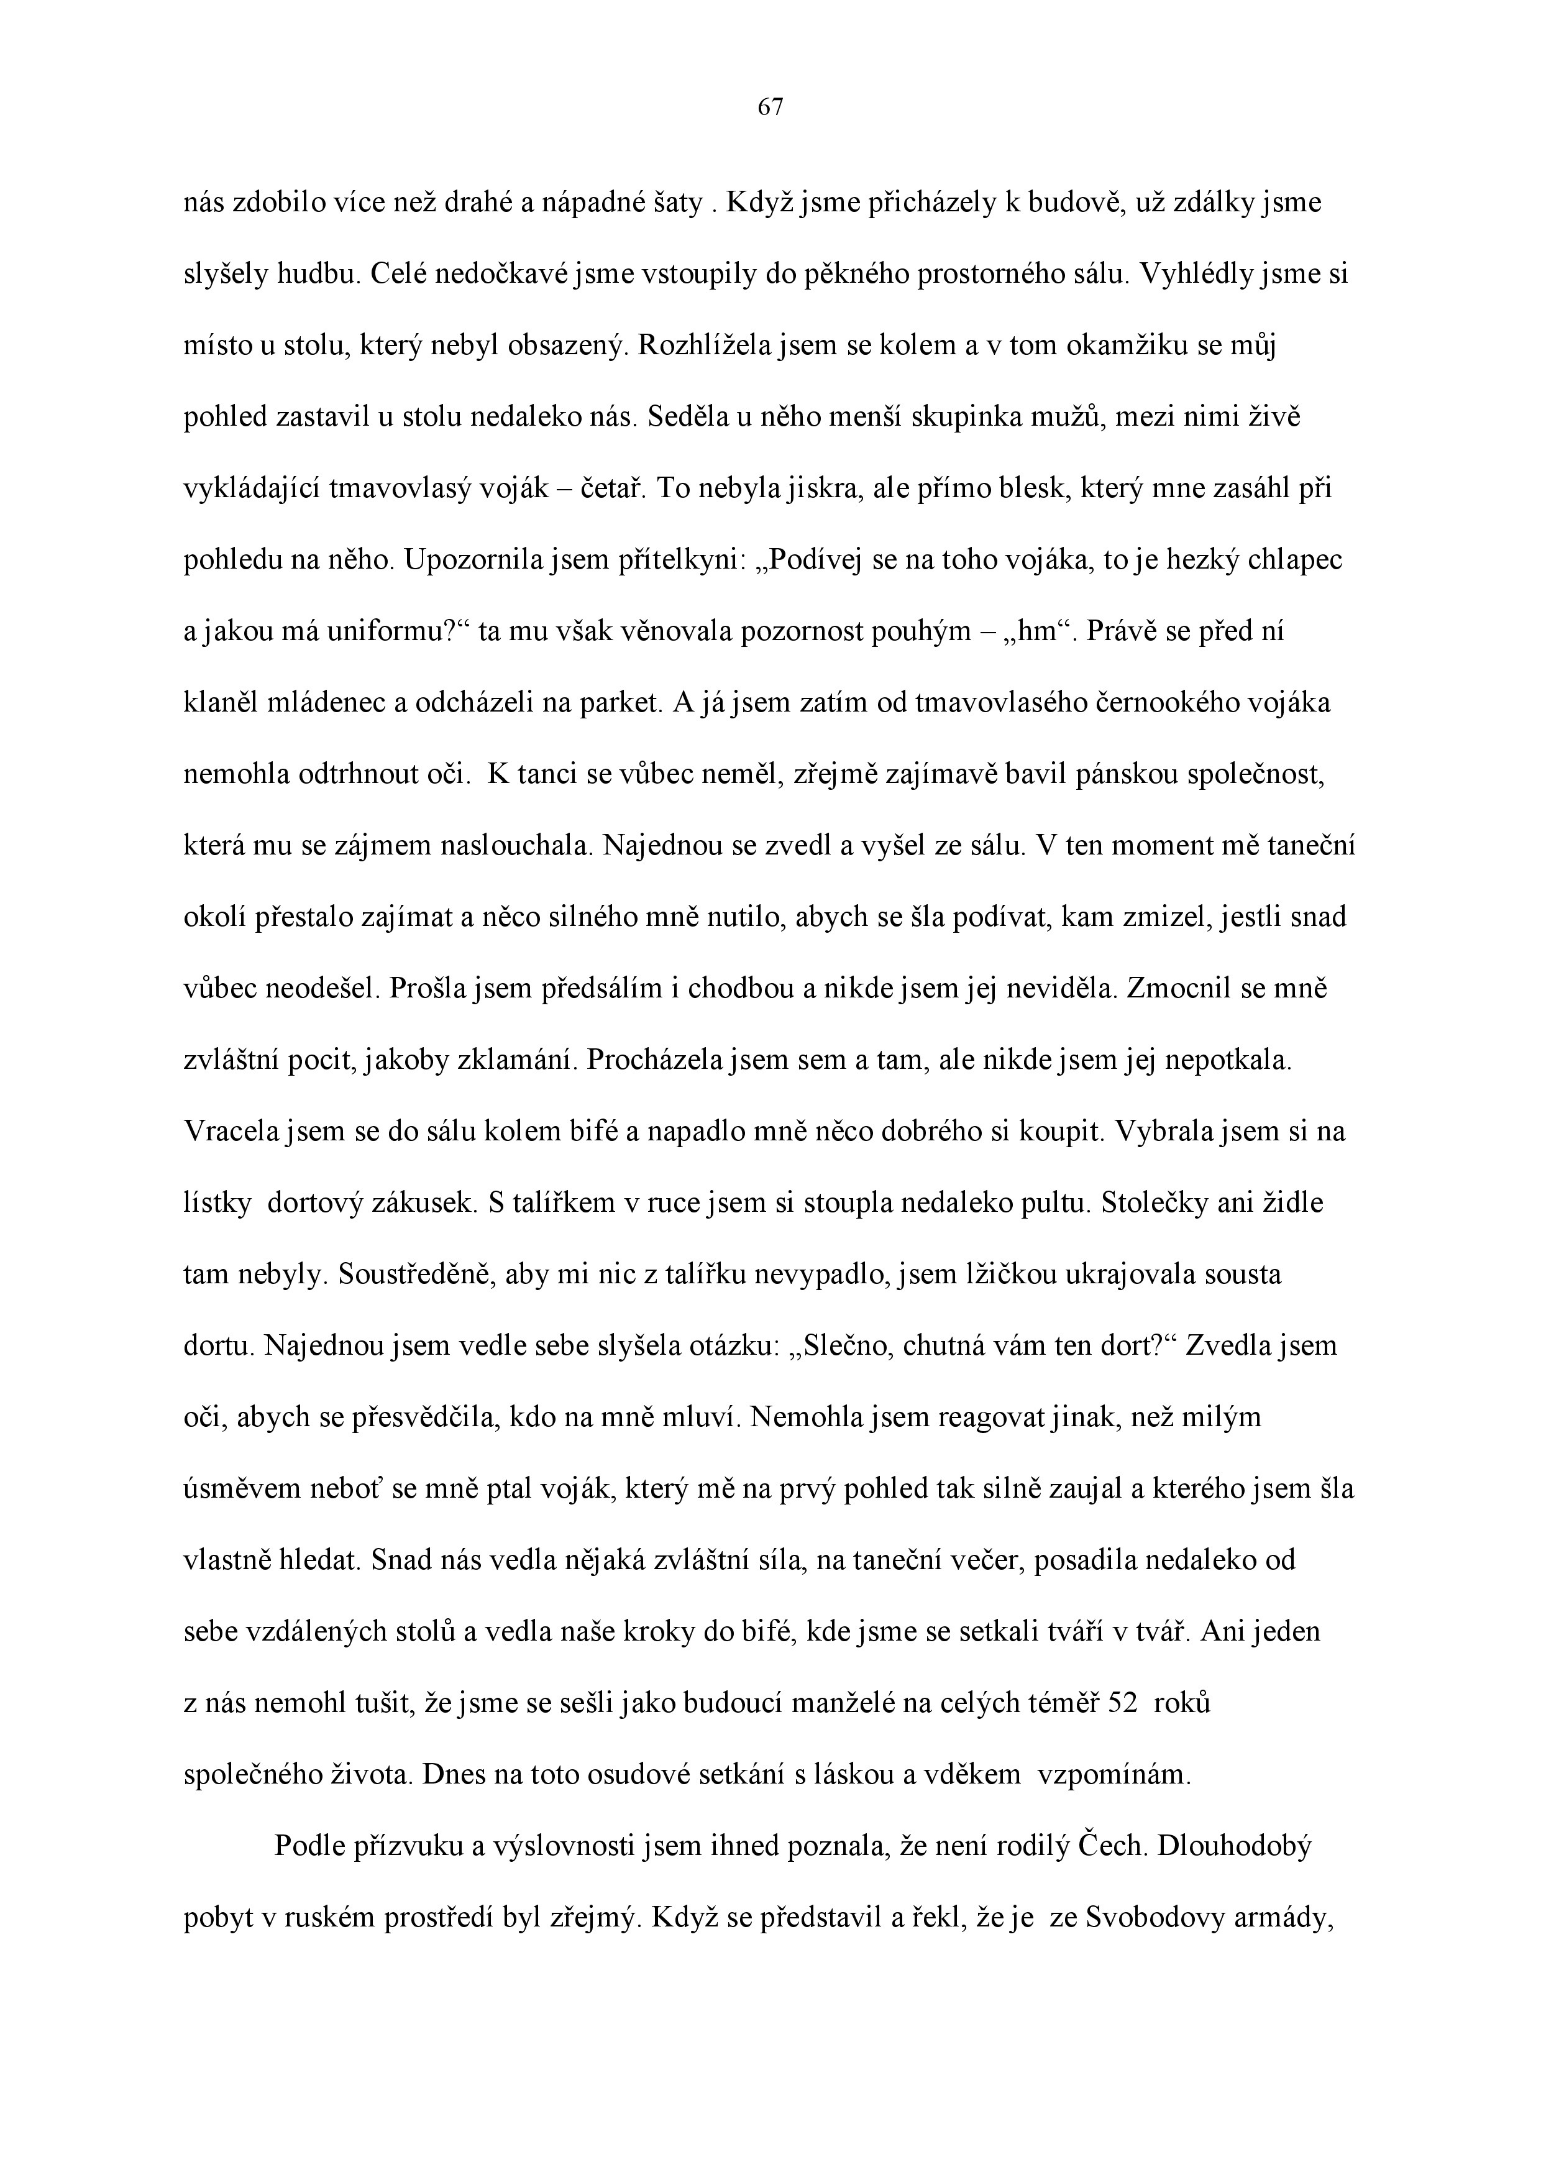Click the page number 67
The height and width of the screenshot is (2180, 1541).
coord(770,108)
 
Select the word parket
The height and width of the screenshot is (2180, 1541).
coord(618,703)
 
